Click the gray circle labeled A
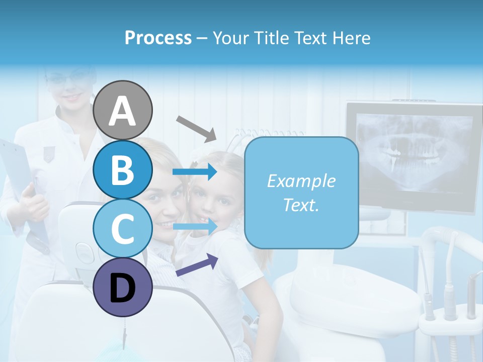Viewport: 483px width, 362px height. (123, 110)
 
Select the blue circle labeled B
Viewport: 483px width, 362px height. (123, 169)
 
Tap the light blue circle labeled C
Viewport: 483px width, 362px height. (123, 229)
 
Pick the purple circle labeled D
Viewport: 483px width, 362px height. (123, 288)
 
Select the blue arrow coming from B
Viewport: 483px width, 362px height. (195, 172)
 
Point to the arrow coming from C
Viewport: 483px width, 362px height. (195, 226)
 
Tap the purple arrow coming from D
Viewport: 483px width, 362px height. (197, 265)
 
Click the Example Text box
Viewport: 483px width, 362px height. (301, 193)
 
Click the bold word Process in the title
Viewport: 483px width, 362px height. (158, 38)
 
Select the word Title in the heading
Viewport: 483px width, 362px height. (271, 38)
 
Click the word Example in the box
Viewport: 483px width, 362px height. (301, 181)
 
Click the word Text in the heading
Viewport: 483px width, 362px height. (310, 38)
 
